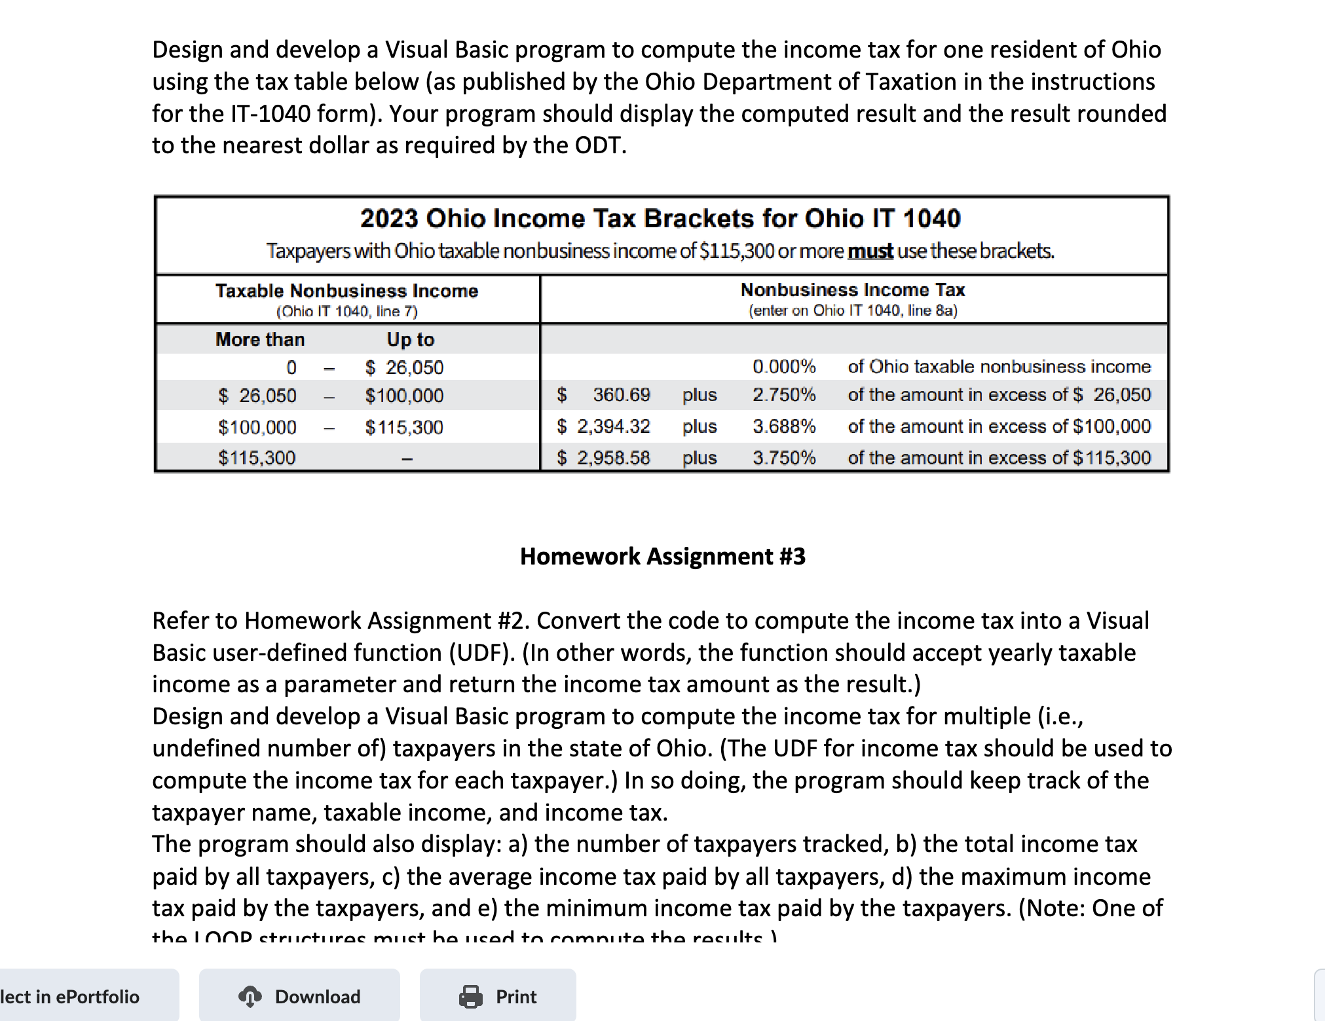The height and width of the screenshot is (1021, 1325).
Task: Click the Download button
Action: (299, 996)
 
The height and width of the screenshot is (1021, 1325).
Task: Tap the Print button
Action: (498, 996)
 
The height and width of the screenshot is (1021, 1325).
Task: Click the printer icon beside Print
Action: (470, 996)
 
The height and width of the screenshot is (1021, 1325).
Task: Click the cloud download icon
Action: (250, 996)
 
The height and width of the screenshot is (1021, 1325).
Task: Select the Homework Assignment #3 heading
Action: (662, 556)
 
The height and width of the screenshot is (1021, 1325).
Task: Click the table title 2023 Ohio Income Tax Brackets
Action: (660, 218)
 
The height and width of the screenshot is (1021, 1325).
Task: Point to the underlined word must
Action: (870, 251)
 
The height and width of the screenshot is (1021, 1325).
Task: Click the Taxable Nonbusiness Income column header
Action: (346, 291)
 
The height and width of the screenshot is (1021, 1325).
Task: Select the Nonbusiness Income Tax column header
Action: (852, 289)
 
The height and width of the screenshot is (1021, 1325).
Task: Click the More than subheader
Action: (260, 339)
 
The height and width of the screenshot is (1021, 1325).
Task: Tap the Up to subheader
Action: (410, 339)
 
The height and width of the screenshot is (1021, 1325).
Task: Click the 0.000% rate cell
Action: (783, 366)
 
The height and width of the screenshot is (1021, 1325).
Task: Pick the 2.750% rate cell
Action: (783, 395)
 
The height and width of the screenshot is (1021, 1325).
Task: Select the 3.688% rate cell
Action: (783, 426)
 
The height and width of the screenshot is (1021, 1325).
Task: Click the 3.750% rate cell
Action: (783, 457)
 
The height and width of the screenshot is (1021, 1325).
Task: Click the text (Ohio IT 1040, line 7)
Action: (346, 311)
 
